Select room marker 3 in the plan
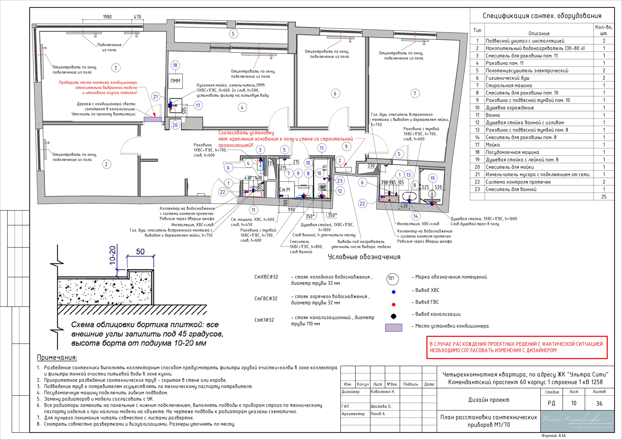pos(116,68)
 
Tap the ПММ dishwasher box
pos(175,81)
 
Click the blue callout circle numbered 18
pos(175,65)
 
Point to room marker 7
pos(415,94)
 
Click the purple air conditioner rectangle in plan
pos(153,119)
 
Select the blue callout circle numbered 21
pos(155,96)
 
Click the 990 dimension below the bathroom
pos(291,209)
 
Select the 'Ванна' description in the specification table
pos(493,115)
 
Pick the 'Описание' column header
pos(539,34)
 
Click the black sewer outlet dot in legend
pos(394,316)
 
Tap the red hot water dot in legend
pos(394,304)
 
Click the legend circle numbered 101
pos(392,278)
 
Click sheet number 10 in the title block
pos(573,403)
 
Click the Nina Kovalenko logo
pos(577,421)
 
